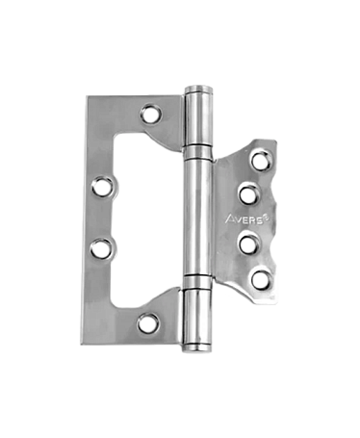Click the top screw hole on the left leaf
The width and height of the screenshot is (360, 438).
coord(151,114)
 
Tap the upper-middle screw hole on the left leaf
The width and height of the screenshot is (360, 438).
coord(103,186)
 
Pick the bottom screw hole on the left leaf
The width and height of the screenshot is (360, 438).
coord(148,322)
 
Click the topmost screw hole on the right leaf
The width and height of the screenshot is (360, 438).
coord(261,161)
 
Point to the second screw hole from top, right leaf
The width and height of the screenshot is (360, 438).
coord(250,193)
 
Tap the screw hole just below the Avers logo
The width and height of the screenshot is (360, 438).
coord(249,245)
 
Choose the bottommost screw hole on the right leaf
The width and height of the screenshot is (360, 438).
coord(261,280)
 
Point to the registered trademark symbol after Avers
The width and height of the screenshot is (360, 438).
coord(267,218)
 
